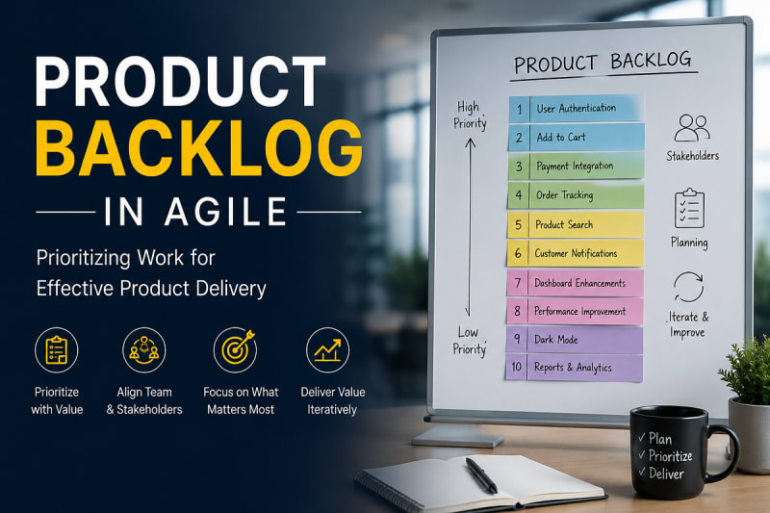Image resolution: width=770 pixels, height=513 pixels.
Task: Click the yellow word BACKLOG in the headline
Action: tap(199, 148)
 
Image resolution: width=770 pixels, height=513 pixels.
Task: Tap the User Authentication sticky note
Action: tap(576, 108)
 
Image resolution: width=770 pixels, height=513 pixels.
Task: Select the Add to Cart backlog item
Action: tap(576, 137)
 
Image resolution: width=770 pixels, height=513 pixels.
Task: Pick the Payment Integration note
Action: tap(576, 166)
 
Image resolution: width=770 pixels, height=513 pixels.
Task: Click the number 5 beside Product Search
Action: tap(518, 225)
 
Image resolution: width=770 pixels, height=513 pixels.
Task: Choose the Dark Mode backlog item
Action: tap(575, 340)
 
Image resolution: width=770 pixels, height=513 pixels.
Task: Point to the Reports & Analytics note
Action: tap(574, 368)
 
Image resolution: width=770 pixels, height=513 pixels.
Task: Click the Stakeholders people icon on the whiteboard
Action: tap(692, 128)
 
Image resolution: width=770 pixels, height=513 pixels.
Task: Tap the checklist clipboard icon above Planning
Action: tap(689, 208)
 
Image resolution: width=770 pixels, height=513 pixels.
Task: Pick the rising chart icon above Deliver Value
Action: tap(327, 350)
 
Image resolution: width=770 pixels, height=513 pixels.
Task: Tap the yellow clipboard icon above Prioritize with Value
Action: tap(57, 350)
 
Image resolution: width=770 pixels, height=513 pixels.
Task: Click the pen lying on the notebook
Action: tap(481, 475)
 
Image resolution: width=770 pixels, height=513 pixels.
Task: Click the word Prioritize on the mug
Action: tap(670, 456)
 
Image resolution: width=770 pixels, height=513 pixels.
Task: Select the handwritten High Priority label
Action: tap(470, 115)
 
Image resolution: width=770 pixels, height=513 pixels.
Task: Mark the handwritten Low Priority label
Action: tap(469, 341)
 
